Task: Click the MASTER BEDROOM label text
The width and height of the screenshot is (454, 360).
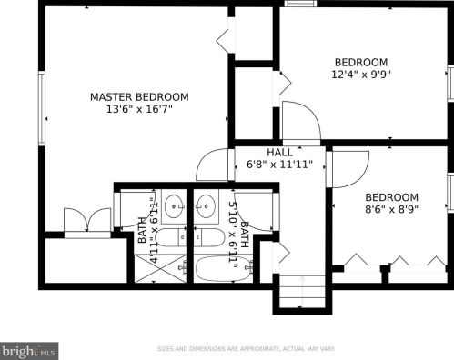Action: click(x=139, y=97)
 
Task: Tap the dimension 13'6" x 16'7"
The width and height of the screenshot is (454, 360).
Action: click(x=139, y=109)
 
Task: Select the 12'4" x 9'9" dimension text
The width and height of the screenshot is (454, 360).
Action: click(x=361, y=75)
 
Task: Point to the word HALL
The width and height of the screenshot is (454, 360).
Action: click(x=280, y=152)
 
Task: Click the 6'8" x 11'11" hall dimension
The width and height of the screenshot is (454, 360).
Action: click(x=279, y=165)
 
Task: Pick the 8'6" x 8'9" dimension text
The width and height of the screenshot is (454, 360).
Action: click(x=392, y=209)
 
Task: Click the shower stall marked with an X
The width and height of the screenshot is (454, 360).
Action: click(x=160, y=268)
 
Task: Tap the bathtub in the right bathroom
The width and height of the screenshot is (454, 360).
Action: click(x=224, y=269)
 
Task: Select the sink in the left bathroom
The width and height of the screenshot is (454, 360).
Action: click(x=174, y=206)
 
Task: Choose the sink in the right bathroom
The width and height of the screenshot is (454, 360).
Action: click(x=207, y=206)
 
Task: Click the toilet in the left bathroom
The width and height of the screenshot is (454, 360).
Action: click(x=171, y=237)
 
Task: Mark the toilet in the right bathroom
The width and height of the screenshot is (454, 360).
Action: click(x=209, y=237)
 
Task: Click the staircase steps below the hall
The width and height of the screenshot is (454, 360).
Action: click(x=302, y=291)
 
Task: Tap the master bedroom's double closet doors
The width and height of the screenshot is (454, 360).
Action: click(x=87, y=221)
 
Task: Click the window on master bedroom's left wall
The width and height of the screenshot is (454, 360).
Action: click(x=42, y=108)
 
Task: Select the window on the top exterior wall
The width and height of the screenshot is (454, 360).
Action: click(x=300, y=4)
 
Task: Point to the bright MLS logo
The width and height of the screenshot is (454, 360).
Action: click(x=29, y=351)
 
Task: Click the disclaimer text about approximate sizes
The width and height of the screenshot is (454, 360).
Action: click(x=246, y=349)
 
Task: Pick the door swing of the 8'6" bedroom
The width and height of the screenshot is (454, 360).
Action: click(x=350, y=169)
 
